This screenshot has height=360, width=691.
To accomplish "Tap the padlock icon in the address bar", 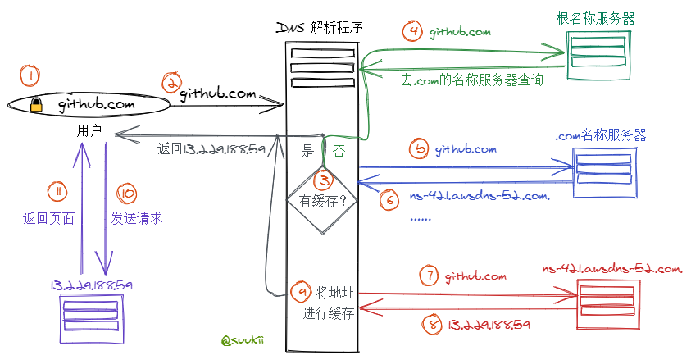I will (x=36, y=105).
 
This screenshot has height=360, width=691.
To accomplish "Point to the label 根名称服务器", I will (x=597, y=18).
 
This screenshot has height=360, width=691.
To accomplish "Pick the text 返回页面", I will (x=49, y=219).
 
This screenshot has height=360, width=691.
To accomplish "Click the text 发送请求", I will (x=137, y=218).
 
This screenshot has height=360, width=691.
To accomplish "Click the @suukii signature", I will (x=241, y=339).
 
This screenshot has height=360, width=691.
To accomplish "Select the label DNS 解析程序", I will (x=320, y=28).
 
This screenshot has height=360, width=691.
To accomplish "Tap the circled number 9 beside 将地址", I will (x=302, y=291).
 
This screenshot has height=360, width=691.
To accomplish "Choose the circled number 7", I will (x=429, y=276).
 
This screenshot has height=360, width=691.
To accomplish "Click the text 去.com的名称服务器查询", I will (x=472, y=81).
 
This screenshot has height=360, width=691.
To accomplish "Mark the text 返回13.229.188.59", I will (x=211, y=149).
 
